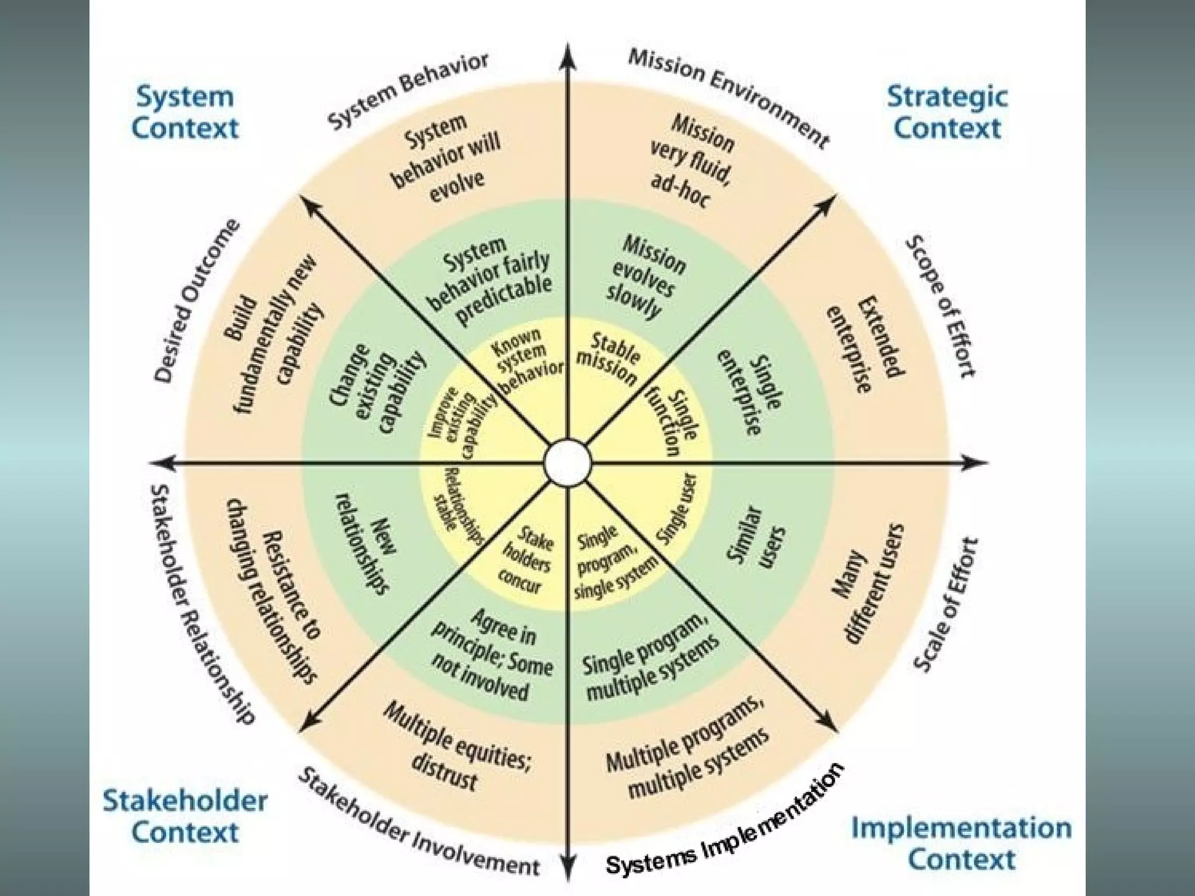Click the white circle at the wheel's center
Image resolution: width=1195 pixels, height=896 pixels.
pyautogui.click(x=567, y=463)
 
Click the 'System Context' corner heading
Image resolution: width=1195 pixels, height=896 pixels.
pyautogui.click(x=184, y=113)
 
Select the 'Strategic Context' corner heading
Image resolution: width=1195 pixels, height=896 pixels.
pyautogui.click(x=947, y=112)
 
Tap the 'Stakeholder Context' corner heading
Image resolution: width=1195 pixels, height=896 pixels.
pyautogui.click(x=185, y=816)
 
